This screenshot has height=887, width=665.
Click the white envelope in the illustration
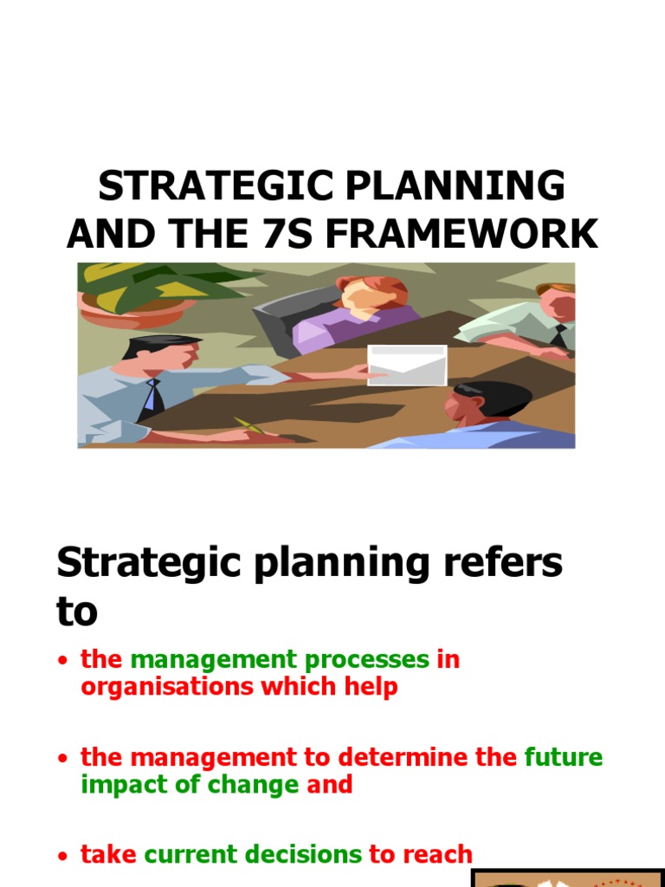pos(407,365)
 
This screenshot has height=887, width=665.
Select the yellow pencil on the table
pos(247,425)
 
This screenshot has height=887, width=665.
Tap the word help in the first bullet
pos(370,688)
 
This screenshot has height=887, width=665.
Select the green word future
pos(564,758)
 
